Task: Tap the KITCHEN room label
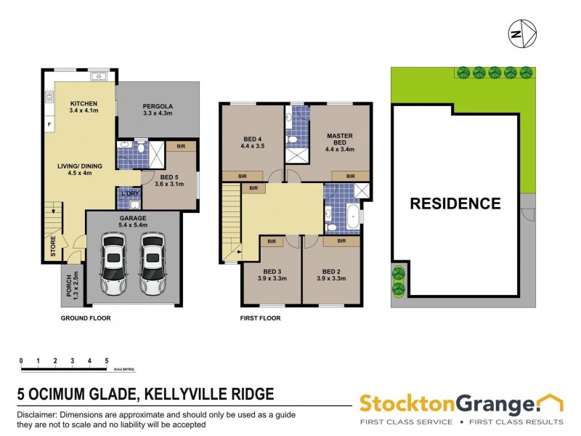point(84,103)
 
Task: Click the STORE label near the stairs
point(53,246)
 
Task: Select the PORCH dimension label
point(71,287)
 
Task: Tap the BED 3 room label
point(272,274)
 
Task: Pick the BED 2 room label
point(330,274)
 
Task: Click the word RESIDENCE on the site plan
point(455,203)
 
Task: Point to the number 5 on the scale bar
point(107,360)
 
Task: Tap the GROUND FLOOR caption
point(86,318)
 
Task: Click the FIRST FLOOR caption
point(260,318)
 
